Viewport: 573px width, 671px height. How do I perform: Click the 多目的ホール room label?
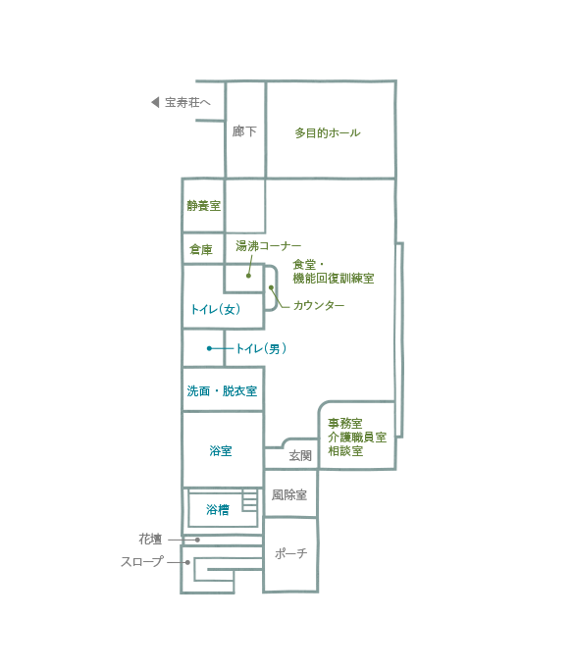[328, 133]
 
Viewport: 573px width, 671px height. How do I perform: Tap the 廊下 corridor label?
[244, 130]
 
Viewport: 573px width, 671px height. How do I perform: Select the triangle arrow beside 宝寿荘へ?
[155, 102]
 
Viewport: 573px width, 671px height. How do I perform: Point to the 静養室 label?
[204, 206]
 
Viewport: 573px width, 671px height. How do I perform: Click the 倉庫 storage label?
[201, 249]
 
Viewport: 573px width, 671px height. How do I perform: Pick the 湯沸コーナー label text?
[268, 246]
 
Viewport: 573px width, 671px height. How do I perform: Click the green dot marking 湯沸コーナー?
[248, 276]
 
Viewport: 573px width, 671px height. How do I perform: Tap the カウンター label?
[319, 305]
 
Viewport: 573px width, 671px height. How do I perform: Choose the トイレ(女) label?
[215, 309]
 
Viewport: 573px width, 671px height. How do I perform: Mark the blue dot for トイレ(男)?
[209, 348]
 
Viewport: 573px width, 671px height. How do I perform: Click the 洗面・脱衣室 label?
[222, 391]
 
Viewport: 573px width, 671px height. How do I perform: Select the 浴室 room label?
[221, 450]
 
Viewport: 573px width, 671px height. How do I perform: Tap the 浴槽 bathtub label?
[218, 510]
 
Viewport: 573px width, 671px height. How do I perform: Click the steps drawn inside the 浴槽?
[249, 500]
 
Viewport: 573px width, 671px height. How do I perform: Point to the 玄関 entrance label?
[300, 456]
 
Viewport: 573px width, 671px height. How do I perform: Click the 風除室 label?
[289, 495]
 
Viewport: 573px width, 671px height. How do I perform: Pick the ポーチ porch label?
[291, 553]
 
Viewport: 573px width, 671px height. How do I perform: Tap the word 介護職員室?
[357, 438]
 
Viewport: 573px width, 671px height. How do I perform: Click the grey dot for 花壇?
[197, 541]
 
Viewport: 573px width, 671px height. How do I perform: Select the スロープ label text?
[142, 561]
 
